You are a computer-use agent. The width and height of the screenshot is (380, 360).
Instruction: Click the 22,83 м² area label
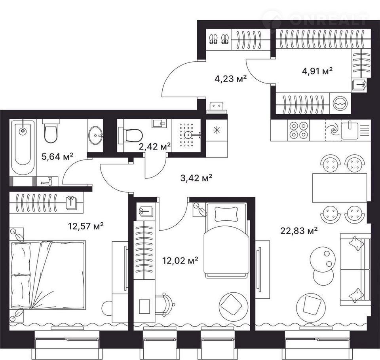coord(299,230)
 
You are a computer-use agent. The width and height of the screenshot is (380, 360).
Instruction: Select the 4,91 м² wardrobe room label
coord(317,71)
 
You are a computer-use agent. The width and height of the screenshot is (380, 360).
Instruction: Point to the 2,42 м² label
coord(155,146)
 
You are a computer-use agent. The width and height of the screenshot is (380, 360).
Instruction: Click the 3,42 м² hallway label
coord(197,178)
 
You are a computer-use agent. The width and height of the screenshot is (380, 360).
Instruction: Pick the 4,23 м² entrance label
coord(231,78)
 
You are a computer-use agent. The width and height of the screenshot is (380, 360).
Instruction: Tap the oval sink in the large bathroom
coord(95,135)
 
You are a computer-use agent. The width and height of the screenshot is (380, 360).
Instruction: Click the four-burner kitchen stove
coord(298,130)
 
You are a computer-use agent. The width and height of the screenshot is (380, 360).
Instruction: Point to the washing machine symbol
coord(340,103)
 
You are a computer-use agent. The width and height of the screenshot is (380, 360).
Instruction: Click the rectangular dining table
coord(340,188)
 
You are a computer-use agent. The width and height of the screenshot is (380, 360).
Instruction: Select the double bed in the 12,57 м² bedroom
coord(47,275)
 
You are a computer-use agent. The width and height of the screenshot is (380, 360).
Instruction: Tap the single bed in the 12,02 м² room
coord(227,240)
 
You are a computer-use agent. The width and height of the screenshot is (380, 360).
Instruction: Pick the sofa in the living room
coord(355,269)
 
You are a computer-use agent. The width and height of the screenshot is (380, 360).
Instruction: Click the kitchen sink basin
coord(350,130)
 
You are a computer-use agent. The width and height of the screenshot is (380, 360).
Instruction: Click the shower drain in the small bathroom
coord(188,135)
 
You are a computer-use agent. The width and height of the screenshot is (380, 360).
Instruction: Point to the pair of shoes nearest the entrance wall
coord(213,39)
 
